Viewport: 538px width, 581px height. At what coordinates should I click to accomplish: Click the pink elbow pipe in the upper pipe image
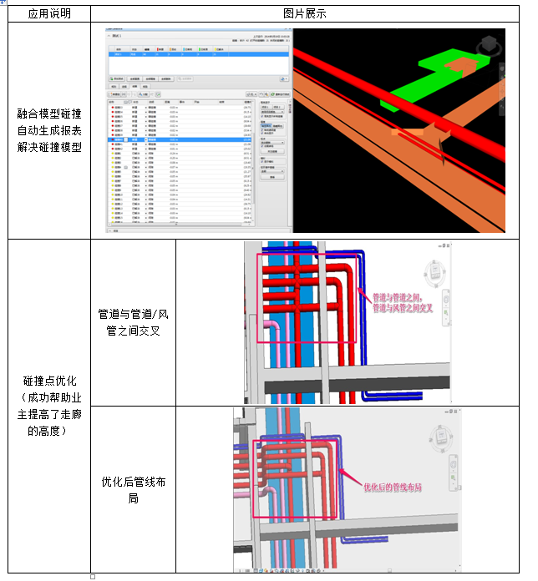click(272, 326)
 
